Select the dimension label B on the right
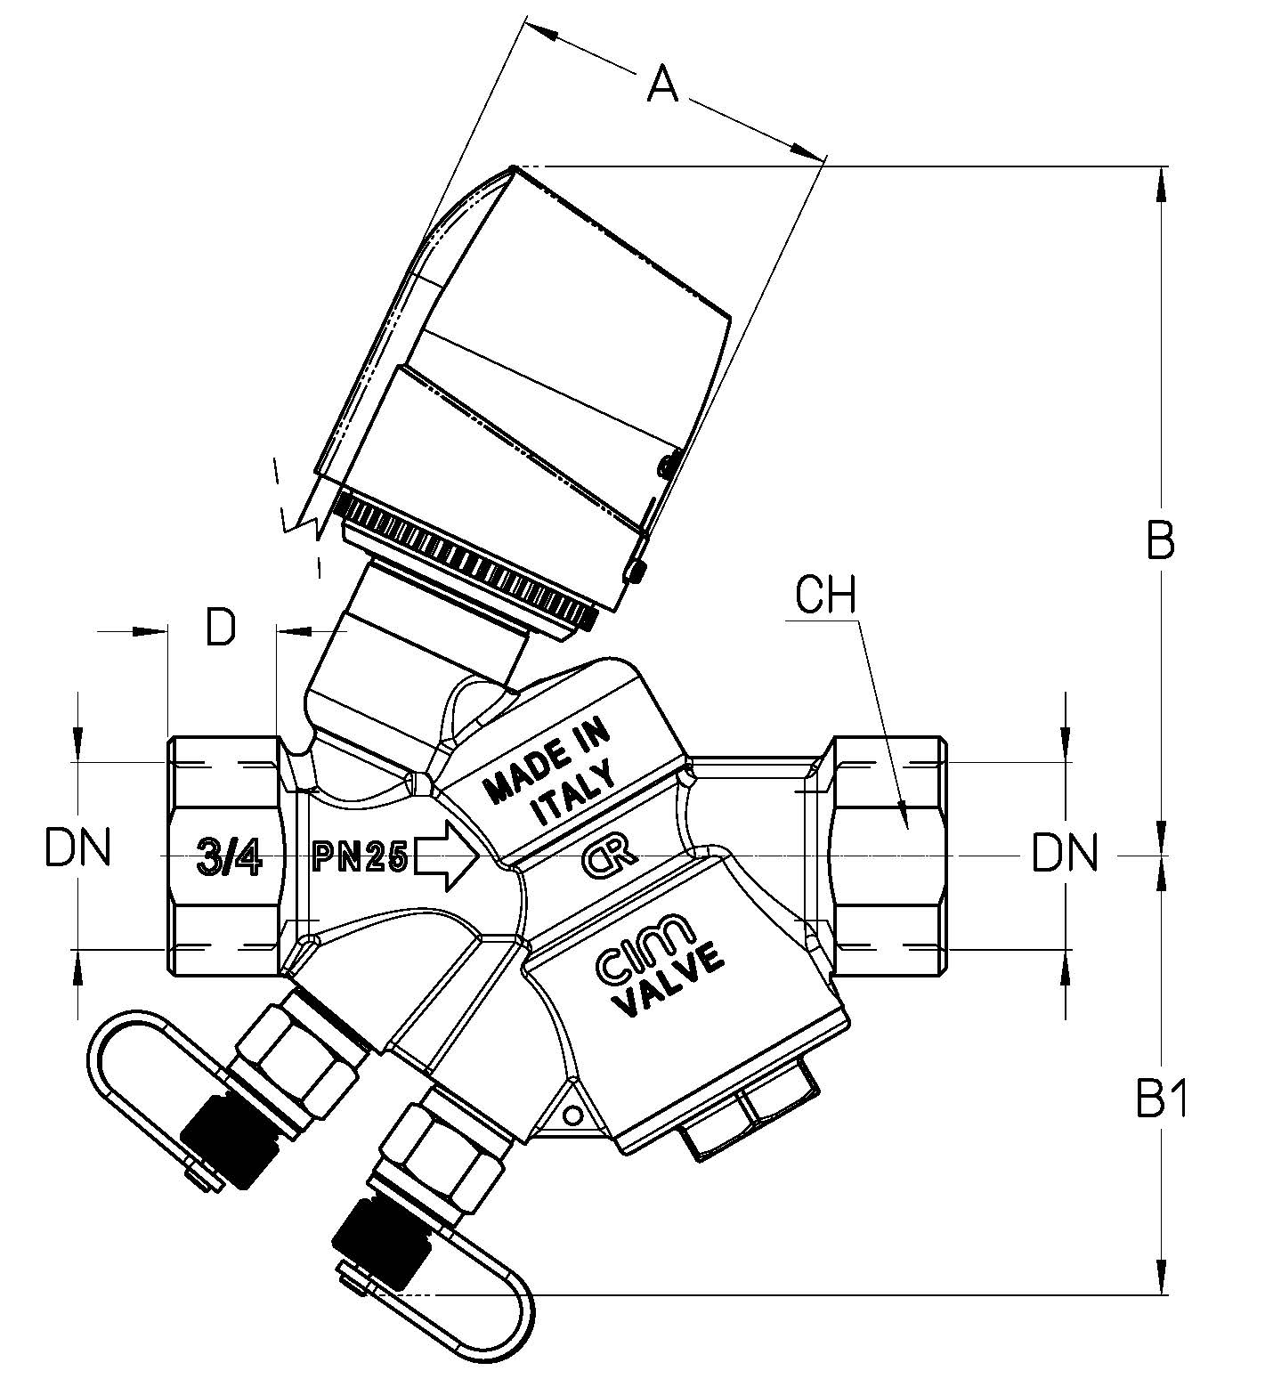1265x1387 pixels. [1160, 539]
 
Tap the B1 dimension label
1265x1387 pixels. [1163, 1102]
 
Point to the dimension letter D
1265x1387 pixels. [222, 627]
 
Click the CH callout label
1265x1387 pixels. [825, 596]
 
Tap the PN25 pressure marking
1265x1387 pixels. [361, 857]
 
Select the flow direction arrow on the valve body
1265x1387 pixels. [447, 856]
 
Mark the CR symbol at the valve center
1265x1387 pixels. [608, 856]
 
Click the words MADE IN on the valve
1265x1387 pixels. [547, 759]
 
